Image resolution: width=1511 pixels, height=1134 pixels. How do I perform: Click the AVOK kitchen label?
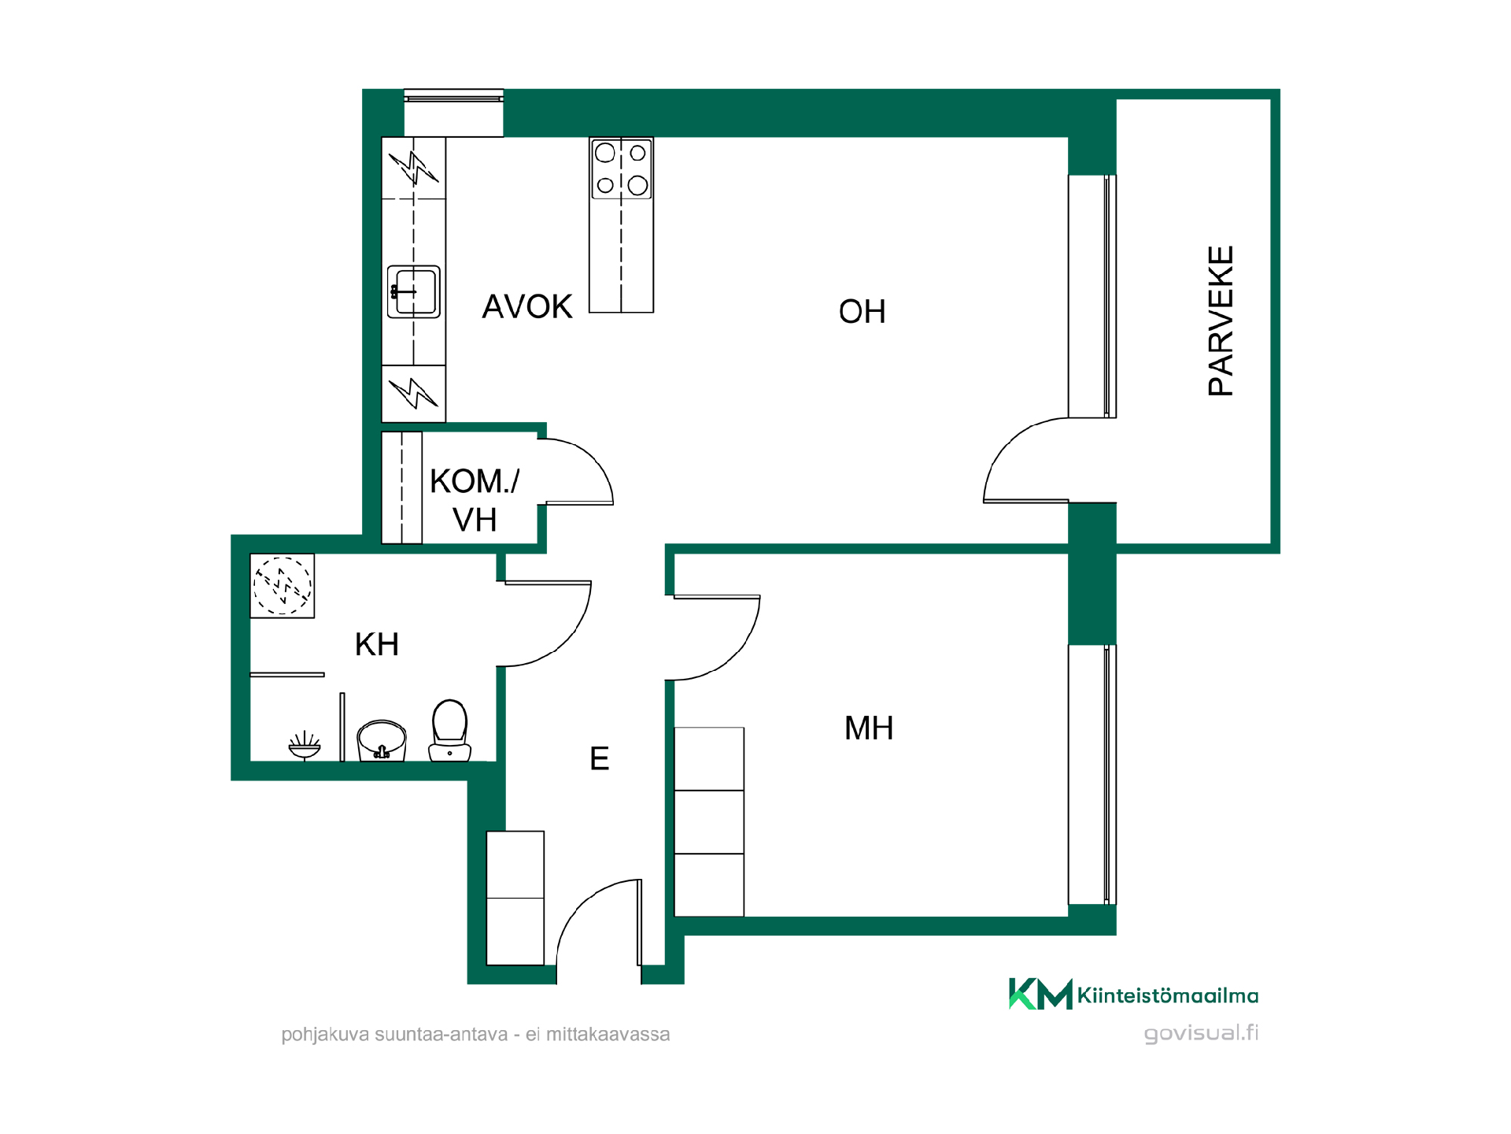pos(527,306)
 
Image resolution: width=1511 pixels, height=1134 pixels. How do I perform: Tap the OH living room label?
pos(863,312)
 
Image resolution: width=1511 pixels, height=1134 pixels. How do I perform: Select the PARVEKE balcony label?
pos(1221,321)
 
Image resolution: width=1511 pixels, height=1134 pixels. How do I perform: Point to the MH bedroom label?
pos(869,728)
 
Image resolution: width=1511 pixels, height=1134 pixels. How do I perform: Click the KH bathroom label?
pos(377,645)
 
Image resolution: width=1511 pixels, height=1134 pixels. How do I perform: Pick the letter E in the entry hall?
pos(600,759)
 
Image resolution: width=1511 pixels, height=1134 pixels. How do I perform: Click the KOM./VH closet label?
pos(475,500)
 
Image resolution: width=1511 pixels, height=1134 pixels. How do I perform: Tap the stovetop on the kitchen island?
pos(622,169)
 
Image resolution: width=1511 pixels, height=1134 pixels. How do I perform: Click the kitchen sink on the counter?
pos(414,291)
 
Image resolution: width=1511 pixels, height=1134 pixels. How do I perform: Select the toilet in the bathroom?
pos(450,731)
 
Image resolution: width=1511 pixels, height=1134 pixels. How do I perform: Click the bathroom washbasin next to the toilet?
pos(382,741)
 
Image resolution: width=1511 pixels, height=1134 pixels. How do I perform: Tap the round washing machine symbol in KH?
pos(283,585)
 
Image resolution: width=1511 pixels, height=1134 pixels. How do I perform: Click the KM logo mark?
pos(1040,994)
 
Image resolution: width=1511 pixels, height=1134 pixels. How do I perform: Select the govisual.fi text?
pos(1201,1033)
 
